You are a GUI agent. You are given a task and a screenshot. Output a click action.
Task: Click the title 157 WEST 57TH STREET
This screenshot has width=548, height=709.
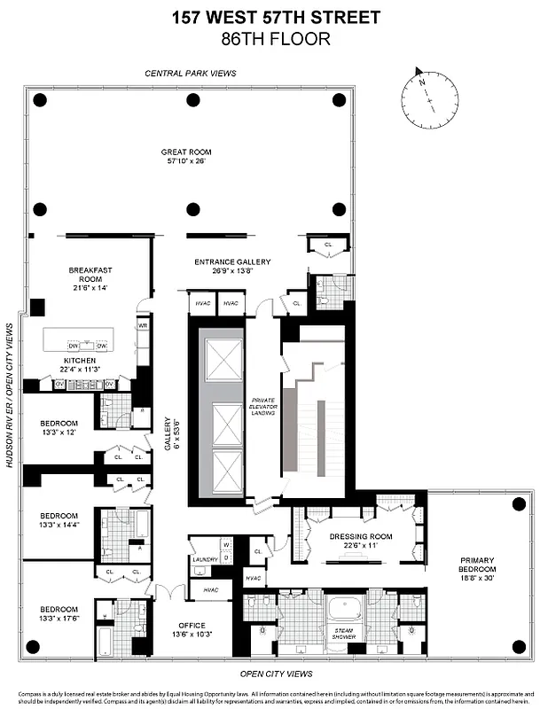coord(274,17)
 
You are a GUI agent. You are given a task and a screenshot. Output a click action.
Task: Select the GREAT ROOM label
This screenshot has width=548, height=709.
coord(187,152)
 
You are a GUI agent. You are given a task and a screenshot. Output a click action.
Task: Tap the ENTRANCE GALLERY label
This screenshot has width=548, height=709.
coord(232,262)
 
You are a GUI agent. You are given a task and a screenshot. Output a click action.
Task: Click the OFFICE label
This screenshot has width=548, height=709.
coord(192,626)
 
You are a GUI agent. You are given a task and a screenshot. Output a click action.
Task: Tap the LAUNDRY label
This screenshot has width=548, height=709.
coord(204,559)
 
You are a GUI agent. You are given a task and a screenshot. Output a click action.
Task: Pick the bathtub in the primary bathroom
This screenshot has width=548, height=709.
coord(341,611)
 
